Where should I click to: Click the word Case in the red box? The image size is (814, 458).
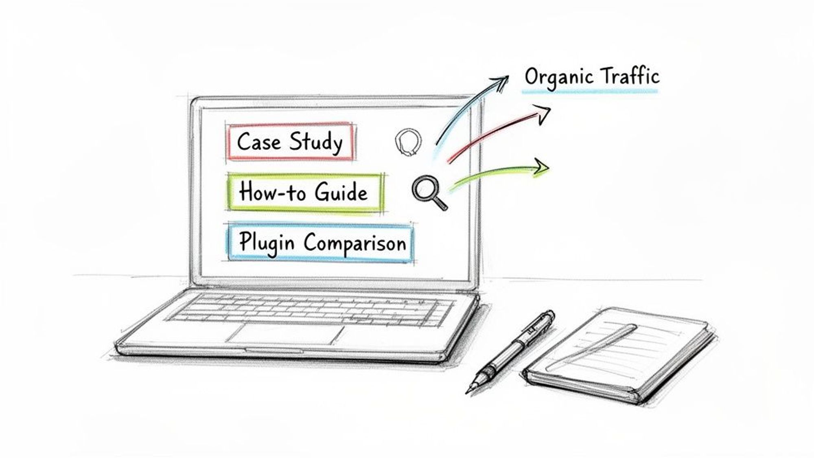259,142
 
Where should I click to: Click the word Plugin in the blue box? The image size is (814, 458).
266,243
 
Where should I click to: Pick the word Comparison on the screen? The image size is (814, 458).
355,243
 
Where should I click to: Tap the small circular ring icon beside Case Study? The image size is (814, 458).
408,142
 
